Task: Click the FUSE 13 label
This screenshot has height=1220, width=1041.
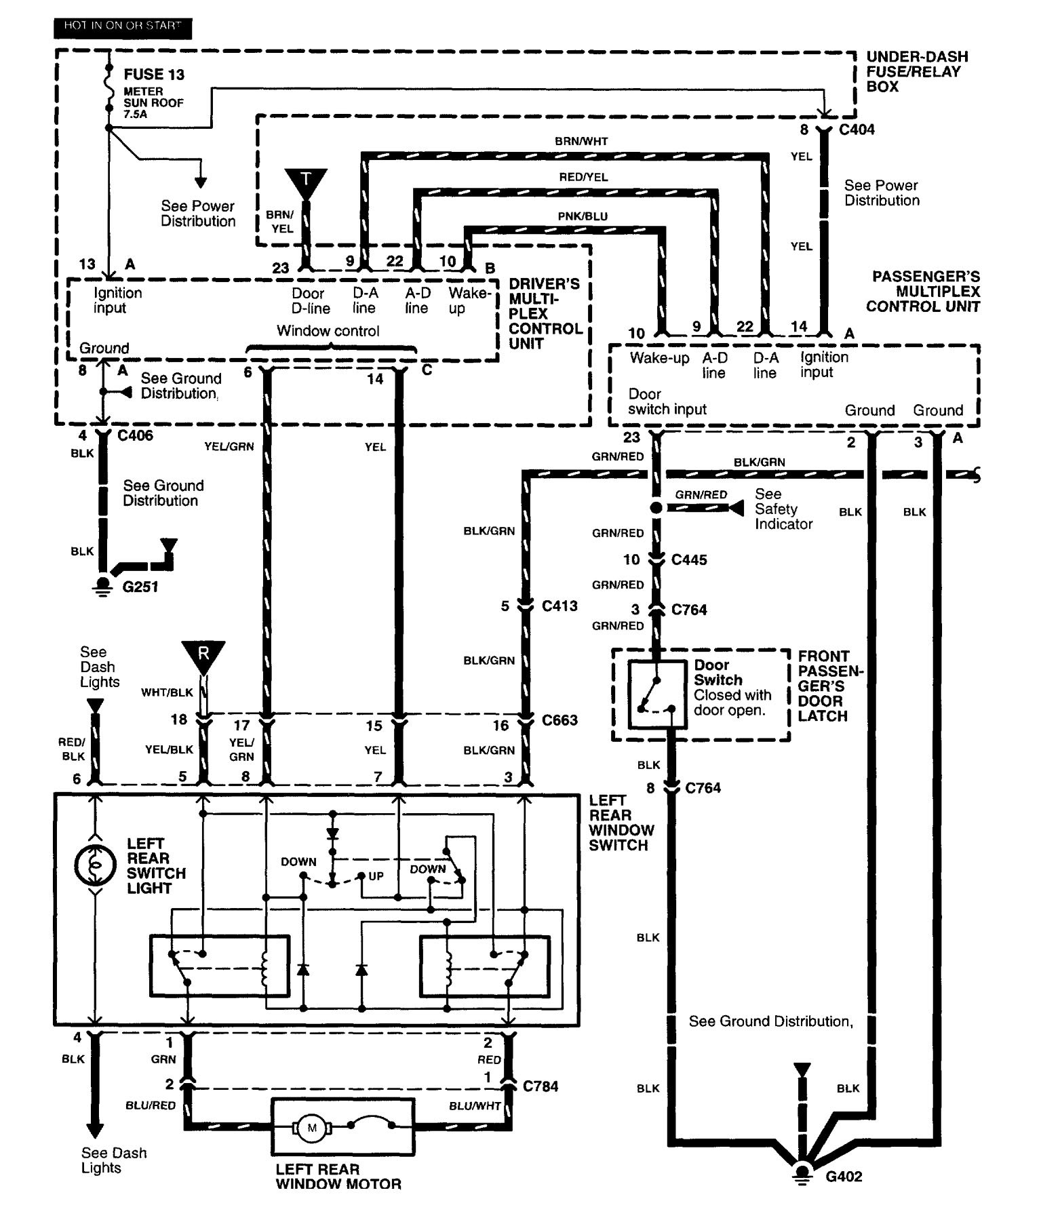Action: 154,75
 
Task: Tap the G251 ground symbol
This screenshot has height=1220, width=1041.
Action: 102,585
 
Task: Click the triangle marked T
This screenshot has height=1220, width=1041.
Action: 306,182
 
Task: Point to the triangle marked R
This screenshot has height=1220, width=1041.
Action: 203,655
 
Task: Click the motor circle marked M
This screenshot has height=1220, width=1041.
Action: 312,1128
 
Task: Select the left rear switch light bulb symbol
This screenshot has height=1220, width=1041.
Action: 96,866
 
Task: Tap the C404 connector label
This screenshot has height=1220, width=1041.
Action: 857,130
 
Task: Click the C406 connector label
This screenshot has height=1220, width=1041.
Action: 135,435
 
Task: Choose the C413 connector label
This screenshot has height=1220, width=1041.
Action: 559,606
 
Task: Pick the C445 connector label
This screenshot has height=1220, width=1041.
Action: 689,559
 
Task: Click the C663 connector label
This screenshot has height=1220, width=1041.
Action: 559,720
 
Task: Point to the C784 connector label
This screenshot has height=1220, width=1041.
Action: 541,1086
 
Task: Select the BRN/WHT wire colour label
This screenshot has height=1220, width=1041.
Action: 581,142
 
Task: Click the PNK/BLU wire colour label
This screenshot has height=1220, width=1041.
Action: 583,216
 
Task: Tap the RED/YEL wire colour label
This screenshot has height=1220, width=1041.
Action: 583,177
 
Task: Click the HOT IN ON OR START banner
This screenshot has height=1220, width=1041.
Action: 123,27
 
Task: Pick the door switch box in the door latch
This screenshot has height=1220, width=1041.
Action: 657,694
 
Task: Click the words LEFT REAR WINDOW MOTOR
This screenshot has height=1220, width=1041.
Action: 338,1177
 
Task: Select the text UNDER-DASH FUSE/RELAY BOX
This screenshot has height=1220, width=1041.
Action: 916,71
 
